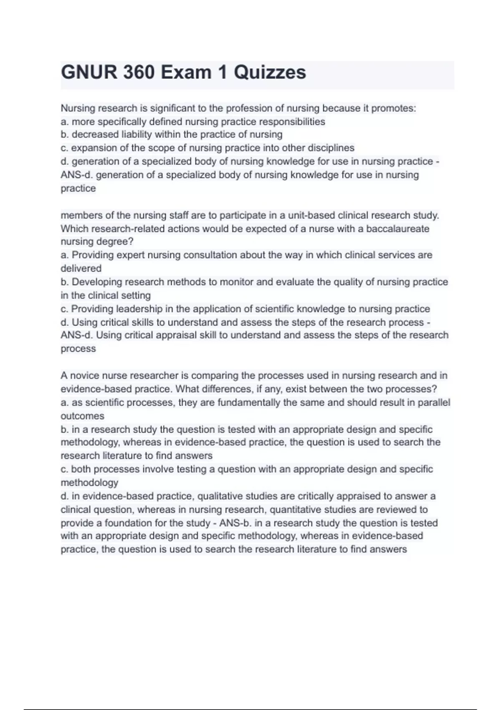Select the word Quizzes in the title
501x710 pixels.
click(270, 72)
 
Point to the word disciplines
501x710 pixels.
click(331, 148)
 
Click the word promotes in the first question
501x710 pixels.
click(393, 108)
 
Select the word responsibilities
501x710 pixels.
click(292, 122)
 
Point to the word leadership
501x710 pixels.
click(139, 309)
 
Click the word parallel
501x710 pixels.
click(434, 402)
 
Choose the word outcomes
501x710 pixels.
click(82, 416)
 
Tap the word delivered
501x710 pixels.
click(81, 268)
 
